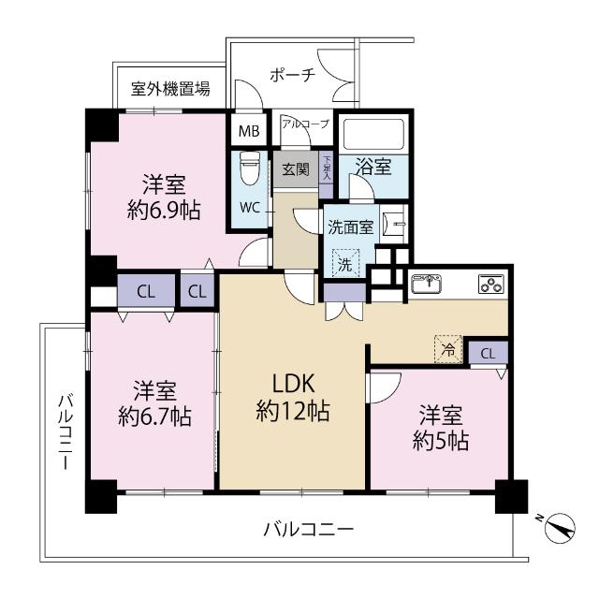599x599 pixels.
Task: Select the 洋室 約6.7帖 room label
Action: (153, 402)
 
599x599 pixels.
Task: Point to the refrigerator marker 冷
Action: (448, 349)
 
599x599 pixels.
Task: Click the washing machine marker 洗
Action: (344, 265)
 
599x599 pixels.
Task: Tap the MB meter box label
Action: (248, 131)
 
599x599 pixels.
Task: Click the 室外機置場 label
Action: (169, 90)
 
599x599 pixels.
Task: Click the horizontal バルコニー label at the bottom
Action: (308, 530)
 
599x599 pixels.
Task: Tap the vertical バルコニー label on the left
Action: (65, 431)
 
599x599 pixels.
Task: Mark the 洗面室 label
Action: (350, 226)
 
